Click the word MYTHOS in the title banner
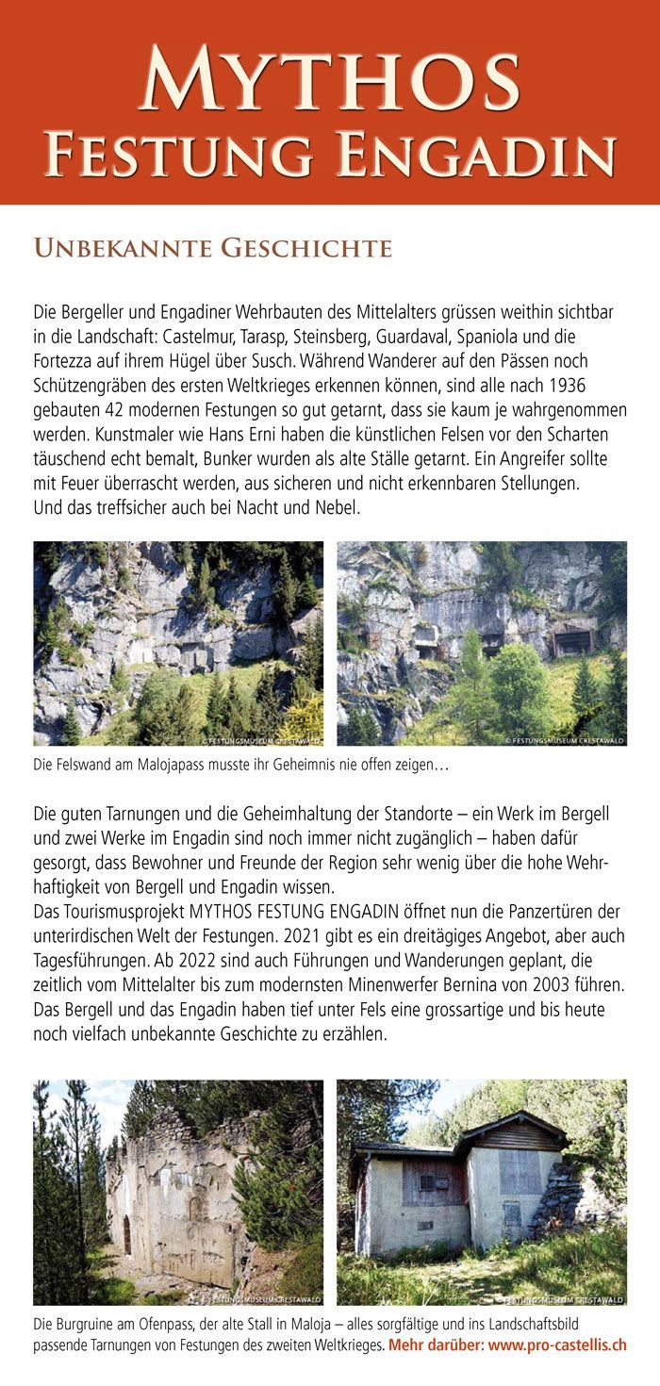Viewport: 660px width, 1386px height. tap(330, 79)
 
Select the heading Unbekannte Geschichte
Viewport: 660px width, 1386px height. tap(212, 248)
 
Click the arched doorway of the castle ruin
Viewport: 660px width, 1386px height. tap(126, 1236)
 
